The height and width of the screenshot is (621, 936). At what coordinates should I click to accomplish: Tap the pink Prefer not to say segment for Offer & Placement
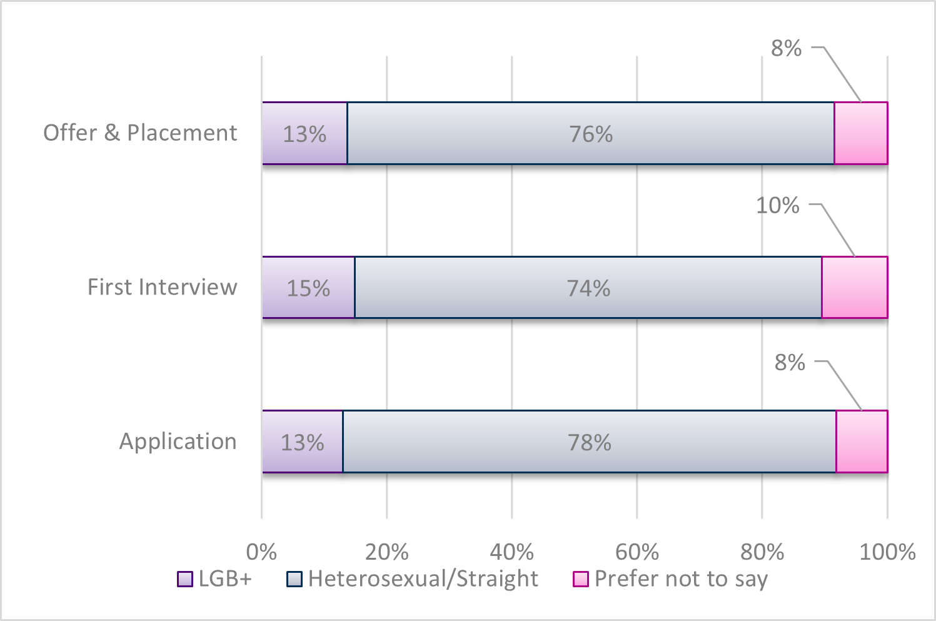tap(861, 133)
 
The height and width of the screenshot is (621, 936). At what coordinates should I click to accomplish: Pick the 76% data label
tap(591, 134)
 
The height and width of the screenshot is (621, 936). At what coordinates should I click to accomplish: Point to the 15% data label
tap(308, 288)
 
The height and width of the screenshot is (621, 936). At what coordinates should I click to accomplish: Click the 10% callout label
tap(778, 205)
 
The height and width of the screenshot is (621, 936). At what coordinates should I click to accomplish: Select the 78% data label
tap(590, 443)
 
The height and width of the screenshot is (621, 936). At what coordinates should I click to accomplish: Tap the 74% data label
tap(588, 288)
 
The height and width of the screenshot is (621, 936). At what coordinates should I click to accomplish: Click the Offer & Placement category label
tap(140, 133)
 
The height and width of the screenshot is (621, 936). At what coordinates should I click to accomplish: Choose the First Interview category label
tap(162, 287)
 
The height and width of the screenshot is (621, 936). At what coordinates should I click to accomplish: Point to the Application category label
tap(178, 442)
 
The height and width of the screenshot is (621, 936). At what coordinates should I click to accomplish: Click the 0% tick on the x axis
tap(261, 552)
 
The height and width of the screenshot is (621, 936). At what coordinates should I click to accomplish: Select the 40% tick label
tap(511, 552)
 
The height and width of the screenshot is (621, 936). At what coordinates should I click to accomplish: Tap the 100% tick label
tap(887, 552)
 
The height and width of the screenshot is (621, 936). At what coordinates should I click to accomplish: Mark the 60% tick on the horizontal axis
tap(637, 552)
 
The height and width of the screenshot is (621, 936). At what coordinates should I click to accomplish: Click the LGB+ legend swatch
tap(185, 579)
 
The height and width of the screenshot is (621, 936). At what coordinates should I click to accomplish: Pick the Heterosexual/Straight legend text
tap(423, 579)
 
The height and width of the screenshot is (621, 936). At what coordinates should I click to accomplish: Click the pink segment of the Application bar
tap(862, 442)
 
